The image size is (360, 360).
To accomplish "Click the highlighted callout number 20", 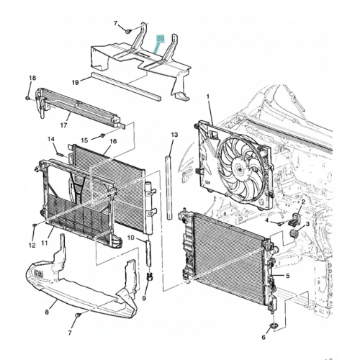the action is tap(161, 38).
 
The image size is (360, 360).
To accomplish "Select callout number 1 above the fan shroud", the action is tap(208, 96).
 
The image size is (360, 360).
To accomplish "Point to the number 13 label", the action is tap(174, 135).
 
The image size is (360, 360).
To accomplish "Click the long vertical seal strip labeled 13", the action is tap(170, 187).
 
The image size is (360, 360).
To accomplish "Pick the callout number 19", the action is tap(76, 83).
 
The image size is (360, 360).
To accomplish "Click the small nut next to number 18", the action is tap(27, 98).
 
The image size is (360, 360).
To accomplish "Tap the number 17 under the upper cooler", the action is tap(64, 125).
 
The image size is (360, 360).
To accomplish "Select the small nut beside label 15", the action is tap(103, 135).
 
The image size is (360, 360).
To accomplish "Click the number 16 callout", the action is tap(113, 141).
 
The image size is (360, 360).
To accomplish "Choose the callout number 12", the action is tap(32, 246).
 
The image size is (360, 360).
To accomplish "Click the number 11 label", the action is tap(45, 243).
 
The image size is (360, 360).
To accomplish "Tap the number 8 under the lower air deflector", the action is tap(47, 312).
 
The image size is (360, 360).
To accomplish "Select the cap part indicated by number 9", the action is tap(150, 278).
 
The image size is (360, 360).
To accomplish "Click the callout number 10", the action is tap(131, 238).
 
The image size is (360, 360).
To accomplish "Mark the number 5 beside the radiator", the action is tap(288, 276).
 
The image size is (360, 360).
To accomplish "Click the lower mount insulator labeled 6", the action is tap(273, 326).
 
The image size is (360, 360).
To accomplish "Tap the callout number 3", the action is tap(307, 224).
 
